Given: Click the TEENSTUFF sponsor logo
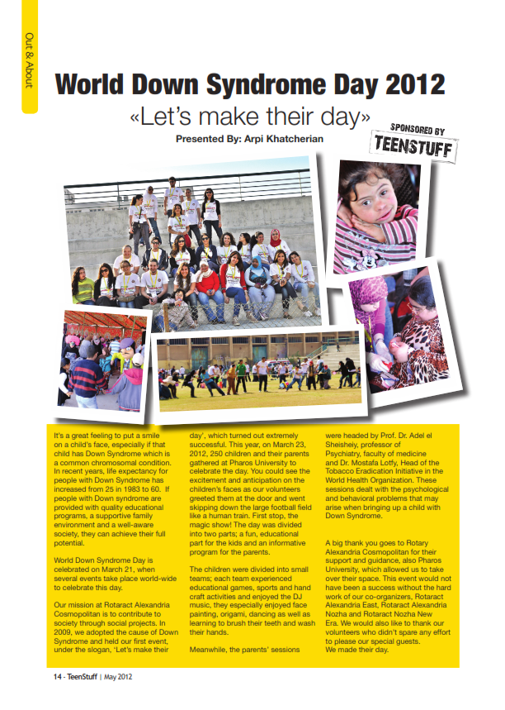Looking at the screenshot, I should [x=415, y=145].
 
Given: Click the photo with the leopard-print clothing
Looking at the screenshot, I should [x=400, y=327].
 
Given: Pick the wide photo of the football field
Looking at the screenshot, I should [x=257, y=373].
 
